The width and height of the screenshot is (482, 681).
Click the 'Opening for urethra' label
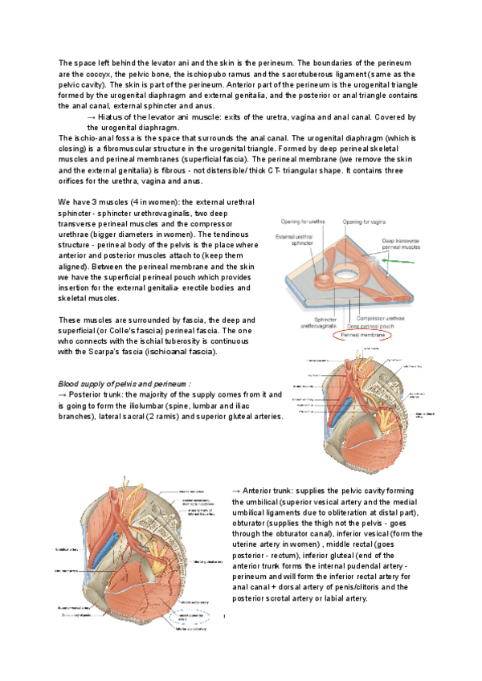click(x=302, y=222)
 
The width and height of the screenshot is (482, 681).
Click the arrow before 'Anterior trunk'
click(x=235, y=490)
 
